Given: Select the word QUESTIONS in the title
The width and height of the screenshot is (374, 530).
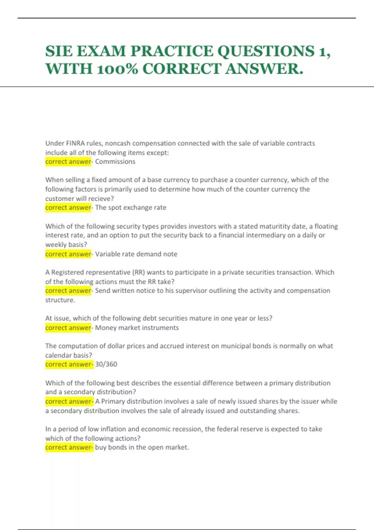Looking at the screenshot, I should (x=266, y=51).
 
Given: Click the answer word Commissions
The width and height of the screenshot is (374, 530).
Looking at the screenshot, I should (x=115, y=161).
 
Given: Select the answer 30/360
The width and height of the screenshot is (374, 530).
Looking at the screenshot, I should (x=106, y=364).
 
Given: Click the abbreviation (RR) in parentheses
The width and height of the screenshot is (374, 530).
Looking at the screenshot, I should (x=139, y=272).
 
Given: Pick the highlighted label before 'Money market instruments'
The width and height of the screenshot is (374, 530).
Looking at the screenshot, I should (x=68, y=328).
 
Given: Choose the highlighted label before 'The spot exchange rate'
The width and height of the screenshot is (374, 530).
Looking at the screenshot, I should (x=68, y=208).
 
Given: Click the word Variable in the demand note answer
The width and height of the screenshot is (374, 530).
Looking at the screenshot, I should (x=107, y=254).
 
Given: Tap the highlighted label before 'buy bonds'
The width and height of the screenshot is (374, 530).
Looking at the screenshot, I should (x=69, y=447).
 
